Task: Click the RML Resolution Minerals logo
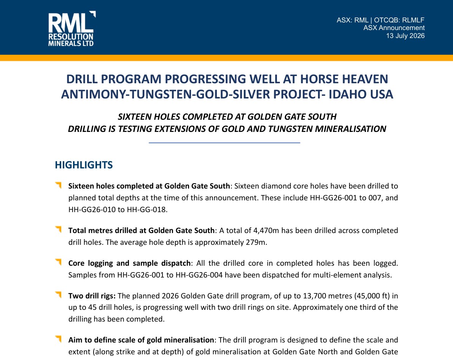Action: (x=72, y=29)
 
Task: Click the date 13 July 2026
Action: (x=405, y=36)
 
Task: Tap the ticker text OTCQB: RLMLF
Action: (x=399, y=20)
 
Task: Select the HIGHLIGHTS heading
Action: (x=84, y=165)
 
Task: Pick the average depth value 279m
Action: (x=256, y=242)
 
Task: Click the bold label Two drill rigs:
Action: (x=92, y=296)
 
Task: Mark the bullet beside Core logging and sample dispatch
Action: (x=58, y=262)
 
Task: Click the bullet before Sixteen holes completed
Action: (x=58, y=185)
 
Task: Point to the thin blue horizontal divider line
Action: (x=224, y=143)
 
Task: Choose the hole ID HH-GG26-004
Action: (x=199, y=275)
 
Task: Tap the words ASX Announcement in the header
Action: (x=394, y=28)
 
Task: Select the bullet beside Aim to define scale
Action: (x=58, y=339)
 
